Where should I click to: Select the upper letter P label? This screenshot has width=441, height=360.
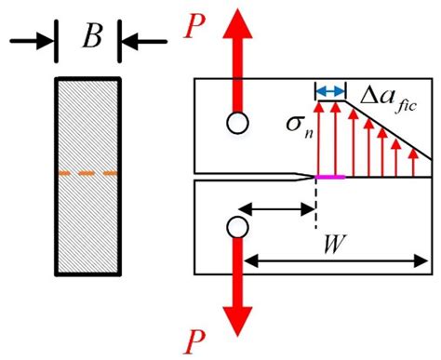point(194,25)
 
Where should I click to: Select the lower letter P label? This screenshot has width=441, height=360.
point(194,337)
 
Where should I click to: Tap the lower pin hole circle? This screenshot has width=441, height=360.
point(236,227)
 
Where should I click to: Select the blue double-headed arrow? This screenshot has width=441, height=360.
point(329,90)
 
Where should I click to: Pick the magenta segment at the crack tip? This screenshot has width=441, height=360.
point(330,177)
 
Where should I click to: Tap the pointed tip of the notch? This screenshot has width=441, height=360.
point(314,177)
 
